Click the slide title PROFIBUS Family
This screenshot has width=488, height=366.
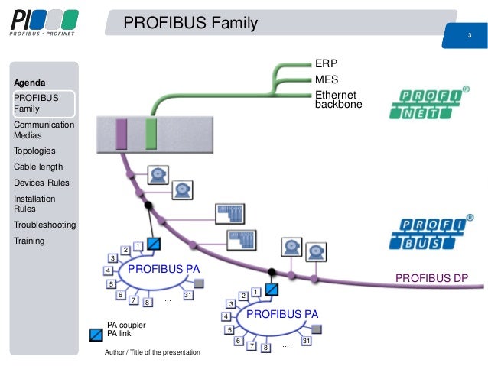[190, 24]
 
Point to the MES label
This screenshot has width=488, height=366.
[327, 79]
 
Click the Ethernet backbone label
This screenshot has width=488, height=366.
[339, 99]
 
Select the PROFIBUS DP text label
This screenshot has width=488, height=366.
[431, 277]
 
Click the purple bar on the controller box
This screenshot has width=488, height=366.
[120, 134]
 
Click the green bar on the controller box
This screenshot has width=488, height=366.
[151, 134]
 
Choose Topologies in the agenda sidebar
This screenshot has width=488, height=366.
[34, 151]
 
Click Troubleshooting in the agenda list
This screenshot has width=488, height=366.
[44, 225]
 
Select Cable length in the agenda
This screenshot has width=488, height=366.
[38, 167]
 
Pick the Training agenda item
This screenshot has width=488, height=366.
[29, 241]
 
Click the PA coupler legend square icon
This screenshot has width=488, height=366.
[96, 334]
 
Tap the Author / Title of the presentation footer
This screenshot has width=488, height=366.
[152, 352]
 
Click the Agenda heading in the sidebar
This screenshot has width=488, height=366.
[30, 82]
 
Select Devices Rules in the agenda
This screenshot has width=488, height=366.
[41, 183]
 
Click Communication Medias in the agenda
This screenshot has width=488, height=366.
[44, 130]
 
